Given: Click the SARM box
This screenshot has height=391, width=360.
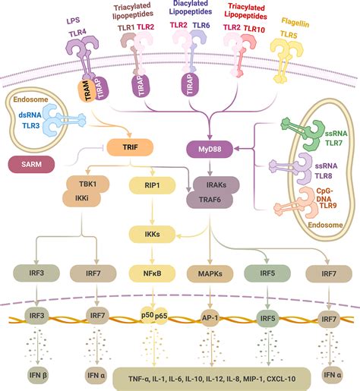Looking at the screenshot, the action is coord(31,164).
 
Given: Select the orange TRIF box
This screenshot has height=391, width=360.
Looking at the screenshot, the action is coord(130,147).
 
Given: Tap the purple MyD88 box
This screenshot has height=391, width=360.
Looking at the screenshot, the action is coord(210,150).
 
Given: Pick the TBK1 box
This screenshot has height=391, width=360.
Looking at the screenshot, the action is coord(87,184).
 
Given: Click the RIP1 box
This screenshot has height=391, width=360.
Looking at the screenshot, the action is coord(152,185).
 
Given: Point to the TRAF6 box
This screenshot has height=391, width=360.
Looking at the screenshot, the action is coord(210,200).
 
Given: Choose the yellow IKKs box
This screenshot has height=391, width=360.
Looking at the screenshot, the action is coord(152,235).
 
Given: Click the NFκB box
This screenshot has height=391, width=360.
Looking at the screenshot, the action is coord(152,273).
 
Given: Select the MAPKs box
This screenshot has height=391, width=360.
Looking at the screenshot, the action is coord(210,274).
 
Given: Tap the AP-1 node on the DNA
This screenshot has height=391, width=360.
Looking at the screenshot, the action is coord(210,317).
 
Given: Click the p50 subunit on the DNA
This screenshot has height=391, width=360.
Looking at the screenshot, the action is coord(147,315).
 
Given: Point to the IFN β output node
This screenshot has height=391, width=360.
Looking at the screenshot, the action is coord(38,375).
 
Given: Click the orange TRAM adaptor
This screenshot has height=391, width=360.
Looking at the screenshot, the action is coord(86,90).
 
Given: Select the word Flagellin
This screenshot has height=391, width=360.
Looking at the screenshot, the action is coord(295,22).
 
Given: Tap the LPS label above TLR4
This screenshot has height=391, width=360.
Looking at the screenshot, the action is coord(73,20).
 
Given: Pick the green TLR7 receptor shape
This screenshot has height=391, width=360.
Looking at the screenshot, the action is coord(302,134).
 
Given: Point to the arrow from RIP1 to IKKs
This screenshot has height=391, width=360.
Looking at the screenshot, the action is coord(152,210).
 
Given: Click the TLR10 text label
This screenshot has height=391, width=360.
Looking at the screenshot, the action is coord(254,29).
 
